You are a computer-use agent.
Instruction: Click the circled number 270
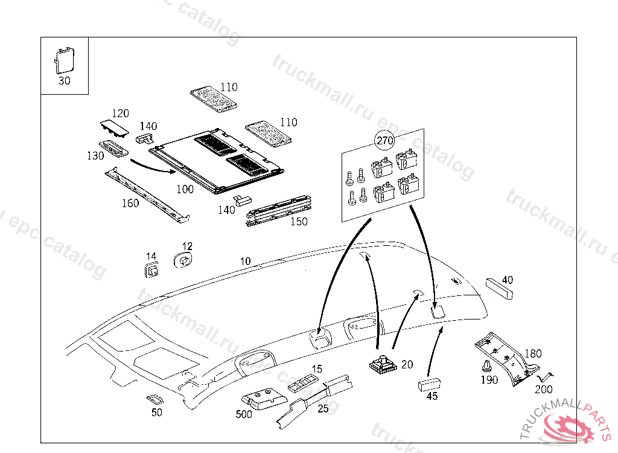(x=384, y=141)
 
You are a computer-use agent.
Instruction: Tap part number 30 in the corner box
(x=64, y=81)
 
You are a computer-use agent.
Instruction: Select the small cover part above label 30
(x=63, y=60)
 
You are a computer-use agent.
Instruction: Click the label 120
(x=121, y=114)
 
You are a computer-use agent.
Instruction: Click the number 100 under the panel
(x=185, y=190)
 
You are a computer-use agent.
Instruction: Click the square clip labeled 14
(x=151, y=270)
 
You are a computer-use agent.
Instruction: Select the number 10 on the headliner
(x=245, y=262)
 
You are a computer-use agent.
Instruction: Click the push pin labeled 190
(x=486, y=367)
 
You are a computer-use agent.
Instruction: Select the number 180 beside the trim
(x=533, y=354)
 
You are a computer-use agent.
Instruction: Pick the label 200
(x=543, y=390)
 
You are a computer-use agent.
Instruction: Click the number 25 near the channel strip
(x=323, y=409)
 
